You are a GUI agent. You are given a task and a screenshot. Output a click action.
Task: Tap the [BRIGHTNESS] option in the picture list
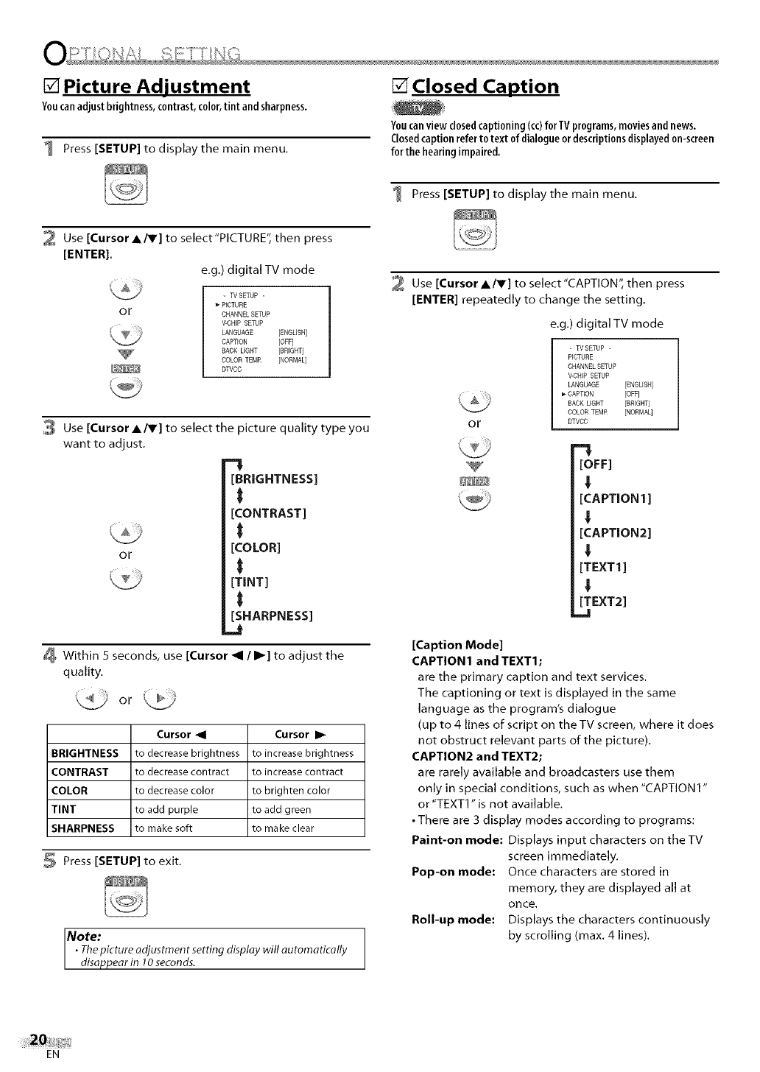274,479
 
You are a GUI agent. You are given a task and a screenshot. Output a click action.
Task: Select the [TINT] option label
250,582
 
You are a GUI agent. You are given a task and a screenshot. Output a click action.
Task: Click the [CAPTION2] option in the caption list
616,532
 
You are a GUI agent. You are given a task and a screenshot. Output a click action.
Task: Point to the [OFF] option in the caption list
597,464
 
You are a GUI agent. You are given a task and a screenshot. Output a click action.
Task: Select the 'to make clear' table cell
283,828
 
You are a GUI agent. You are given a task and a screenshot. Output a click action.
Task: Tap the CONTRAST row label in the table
80,772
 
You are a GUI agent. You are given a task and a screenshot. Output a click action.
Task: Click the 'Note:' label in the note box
84,937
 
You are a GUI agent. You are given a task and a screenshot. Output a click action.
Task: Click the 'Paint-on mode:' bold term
457,840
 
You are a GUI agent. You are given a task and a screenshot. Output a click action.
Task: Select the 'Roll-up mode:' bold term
453,920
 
